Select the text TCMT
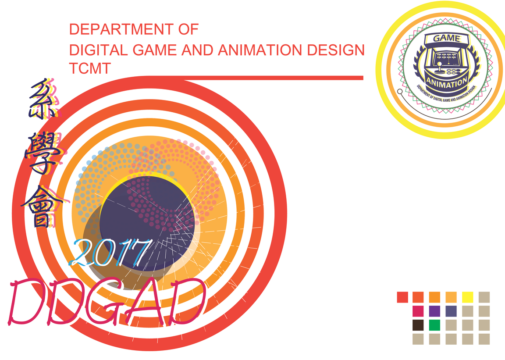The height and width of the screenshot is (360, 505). coord(90,68)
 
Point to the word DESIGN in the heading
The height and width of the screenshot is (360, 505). coord(336,50)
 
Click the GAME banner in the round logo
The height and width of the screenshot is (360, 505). coord(446,39)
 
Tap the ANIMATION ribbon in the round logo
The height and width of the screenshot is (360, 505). coord(446,83)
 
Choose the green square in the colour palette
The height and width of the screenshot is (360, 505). coord(434,325)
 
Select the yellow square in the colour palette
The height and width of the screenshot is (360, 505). coord(467,297)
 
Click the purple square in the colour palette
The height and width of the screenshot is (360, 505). coord(434,311)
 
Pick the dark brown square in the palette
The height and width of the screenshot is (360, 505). coord(418,325)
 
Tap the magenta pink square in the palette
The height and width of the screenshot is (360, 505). coord(418,311)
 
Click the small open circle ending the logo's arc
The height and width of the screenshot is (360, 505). coord(400,92)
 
